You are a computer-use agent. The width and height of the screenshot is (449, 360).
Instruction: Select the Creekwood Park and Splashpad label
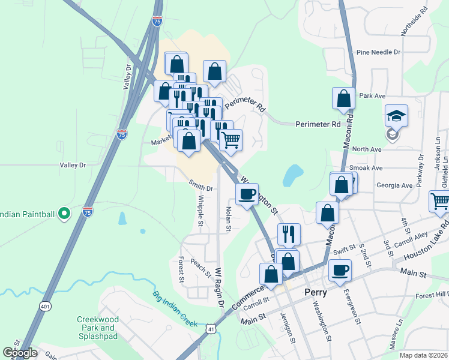click(98, 328)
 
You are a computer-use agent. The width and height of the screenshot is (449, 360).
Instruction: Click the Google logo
click(20, 353)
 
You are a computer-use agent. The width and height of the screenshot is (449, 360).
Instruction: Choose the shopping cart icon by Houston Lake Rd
click(441, 202)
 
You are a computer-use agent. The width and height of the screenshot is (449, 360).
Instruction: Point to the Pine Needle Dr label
click(378, 52)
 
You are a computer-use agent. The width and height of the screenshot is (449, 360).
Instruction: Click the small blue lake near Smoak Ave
click(292, 175)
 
